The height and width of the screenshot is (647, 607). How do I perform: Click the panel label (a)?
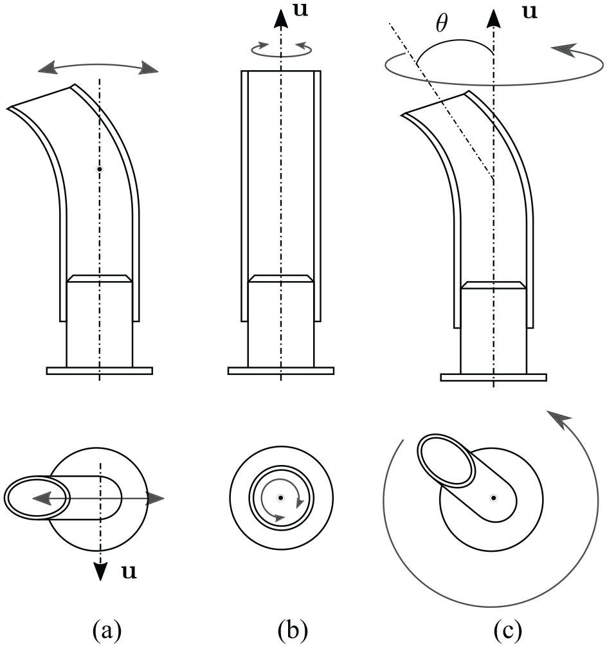click(x=107, y=631)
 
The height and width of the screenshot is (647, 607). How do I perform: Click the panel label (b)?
click(x=293, y=631)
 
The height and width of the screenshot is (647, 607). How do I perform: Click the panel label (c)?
click(x=507, y=631)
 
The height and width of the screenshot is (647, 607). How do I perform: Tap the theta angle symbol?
click(x=442, y=23)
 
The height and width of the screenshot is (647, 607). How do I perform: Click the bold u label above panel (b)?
click(x=300, y=10)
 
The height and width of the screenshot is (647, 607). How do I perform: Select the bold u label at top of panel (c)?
click(x=530, y=12)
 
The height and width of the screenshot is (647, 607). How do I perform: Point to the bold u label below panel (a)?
click(x=129, y=572)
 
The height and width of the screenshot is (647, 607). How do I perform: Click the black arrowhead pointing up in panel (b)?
click(x=281, y=19)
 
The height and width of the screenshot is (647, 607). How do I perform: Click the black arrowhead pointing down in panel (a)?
click(x=100, y=571)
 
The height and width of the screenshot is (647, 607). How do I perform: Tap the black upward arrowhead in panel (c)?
click(x=494, y=19)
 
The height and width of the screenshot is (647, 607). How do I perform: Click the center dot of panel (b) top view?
click(x=280, y=498)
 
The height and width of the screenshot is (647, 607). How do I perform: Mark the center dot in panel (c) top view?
click(x=493, y=498)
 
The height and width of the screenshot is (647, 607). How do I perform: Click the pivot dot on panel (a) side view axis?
click(x=99, y=169)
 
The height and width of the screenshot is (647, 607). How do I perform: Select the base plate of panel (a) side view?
click(x=100, y=370)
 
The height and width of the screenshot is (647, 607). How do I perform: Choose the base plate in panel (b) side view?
click(x=281, y=370)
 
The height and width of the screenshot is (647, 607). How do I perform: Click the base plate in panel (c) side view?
click(x=494, y=377)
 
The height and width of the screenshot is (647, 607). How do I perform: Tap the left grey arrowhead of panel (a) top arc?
click(x=48, y=68)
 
